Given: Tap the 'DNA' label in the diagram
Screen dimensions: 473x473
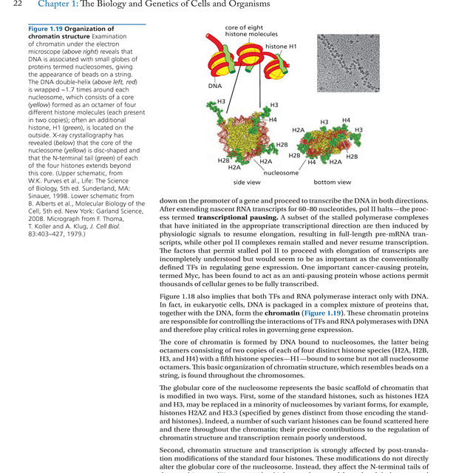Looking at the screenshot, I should click(215, 86).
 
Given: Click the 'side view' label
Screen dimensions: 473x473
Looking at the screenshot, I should click(246, 182).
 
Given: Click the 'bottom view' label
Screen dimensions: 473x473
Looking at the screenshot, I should click(333, 182).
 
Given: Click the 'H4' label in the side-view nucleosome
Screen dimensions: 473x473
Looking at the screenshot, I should click(273, 120).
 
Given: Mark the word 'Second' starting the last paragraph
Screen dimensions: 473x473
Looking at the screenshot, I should click(174, 449).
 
